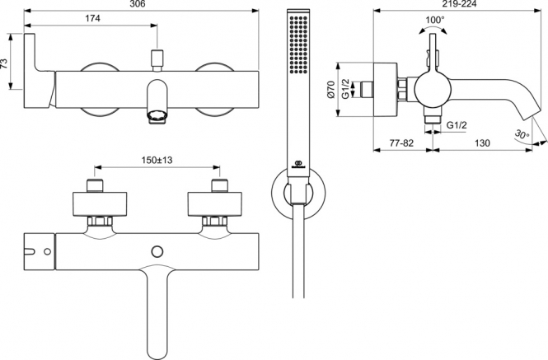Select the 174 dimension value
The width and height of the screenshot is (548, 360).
click(92, 18)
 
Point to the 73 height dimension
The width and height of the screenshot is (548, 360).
click(4, 63)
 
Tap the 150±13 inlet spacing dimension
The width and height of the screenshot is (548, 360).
click(157, 160)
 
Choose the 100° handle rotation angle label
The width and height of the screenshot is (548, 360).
click(434, 20)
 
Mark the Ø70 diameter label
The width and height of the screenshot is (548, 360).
click(331, 90)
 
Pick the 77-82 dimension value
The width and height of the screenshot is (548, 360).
click(401, 143)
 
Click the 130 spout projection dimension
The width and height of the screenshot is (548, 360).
click(482, 143)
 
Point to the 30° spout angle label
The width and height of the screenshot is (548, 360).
click(522, 134)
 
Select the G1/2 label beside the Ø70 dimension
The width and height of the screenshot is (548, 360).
click(345, 90)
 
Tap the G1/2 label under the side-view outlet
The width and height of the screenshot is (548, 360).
click(457, 125)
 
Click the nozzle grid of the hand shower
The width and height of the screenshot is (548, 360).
click(298, 44)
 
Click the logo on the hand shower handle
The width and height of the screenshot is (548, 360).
click(298, 164)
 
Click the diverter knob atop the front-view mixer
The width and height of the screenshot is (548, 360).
click(157, 58)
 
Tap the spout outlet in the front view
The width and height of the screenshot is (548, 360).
click(157, 117)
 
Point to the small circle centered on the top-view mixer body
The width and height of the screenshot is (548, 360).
click(157, 251)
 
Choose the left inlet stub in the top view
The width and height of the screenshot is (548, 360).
click(95, 185)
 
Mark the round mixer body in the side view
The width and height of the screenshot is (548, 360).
click(431, 90)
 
